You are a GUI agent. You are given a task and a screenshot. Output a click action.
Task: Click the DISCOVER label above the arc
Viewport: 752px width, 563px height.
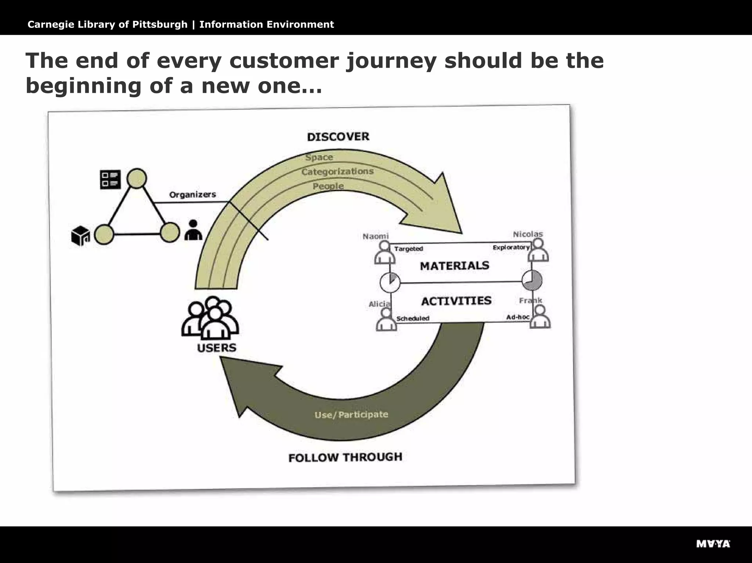(338, 137)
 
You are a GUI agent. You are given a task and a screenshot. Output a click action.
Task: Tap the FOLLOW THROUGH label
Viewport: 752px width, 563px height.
(345, 457)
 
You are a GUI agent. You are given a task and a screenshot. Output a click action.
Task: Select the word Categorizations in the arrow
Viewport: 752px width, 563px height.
(337, 171)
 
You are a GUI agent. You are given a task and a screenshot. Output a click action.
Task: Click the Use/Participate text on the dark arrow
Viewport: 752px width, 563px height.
(351, 415)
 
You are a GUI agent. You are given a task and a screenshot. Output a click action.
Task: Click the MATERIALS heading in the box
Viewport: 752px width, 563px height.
(454, 265)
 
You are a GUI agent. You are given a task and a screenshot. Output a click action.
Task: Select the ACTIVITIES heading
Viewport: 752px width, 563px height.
(456, 301)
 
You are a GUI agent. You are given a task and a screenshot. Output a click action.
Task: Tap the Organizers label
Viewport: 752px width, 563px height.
(192, 195)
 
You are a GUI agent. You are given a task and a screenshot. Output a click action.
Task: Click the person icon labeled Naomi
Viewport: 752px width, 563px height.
(384, 253)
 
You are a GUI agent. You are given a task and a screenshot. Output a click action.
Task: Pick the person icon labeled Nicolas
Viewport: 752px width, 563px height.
(538, 250)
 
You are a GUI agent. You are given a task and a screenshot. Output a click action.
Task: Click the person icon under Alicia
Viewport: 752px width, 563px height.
(386, 320)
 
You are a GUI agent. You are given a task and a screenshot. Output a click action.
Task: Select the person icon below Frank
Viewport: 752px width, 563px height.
(540, 317)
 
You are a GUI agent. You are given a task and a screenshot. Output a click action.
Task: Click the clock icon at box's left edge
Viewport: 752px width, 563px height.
(390, 283)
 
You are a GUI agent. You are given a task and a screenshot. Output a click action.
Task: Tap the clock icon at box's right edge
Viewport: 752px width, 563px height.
(532, 280)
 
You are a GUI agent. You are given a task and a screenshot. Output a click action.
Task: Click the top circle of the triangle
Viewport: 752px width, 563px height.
(137, 179)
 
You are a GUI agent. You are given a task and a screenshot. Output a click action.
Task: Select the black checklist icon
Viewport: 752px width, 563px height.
(110, 179)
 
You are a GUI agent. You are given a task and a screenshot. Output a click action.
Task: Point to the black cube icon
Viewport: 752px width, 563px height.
(80, 236)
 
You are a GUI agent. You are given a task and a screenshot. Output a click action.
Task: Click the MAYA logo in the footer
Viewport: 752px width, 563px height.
(713, 544)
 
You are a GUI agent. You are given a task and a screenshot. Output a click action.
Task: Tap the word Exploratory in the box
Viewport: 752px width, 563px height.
(511, 247)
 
